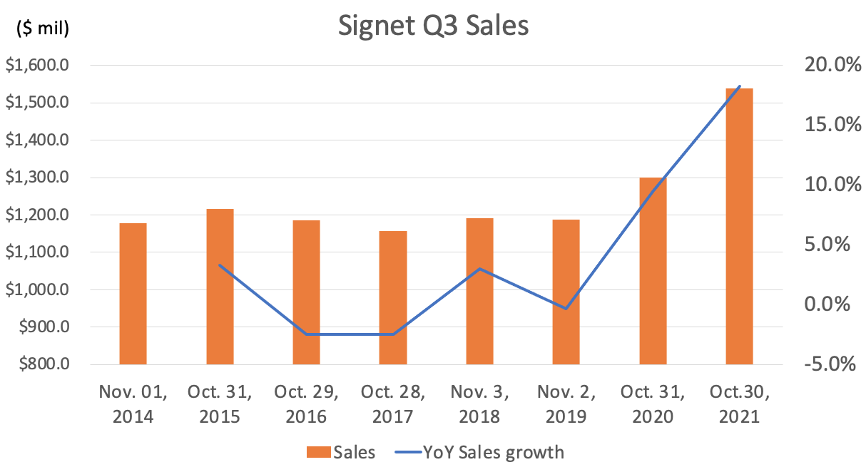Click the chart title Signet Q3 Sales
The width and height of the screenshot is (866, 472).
point(433,26)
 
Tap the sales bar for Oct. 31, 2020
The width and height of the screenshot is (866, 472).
point(653,271)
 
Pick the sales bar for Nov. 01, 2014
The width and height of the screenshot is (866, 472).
point(133,294)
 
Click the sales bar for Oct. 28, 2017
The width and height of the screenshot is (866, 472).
point(393,297)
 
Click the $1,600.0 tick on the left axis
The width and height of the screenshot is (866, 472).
point(38,66)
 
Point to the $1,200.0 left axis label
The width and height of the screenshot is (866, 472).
point(38,215)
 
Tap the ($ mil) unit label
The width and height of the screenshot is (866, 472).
point(42,29)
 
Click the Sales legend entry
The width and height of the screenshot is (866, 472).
point(341,451)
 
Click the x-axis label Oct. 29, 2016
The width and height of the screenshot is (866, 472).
point(306,404)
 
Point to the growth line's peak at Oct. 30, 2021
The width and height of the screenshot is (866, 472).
point(740,86)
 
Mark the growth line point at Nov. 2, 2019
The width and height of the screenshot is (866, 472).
point(566,309)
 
